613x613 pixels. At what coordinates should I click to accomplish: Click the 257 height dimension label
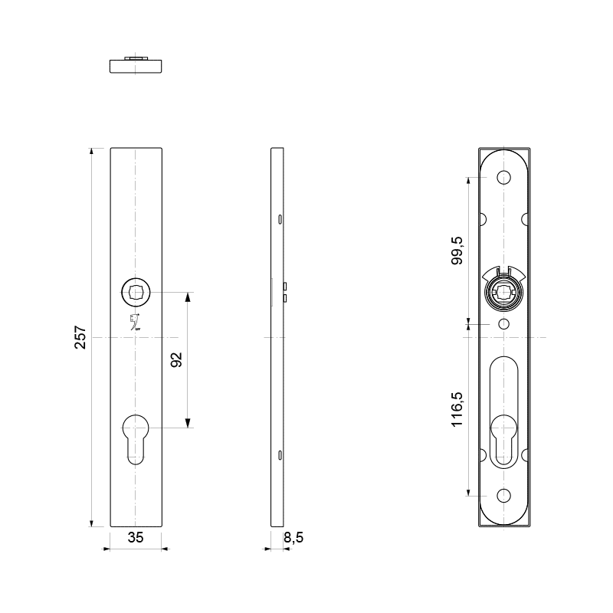(x=80, y=337)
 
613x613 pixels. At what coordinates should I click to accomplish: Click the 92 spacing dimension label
(x=177, y=359)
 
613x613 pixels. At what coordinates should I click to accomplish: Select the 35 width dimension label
(x=136, y=538)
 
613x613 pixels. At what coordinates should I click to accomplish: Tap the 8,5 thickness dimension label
(x=293, y=538)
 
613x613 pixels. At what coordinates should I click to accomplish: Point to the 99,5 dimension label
(x=457, y=251)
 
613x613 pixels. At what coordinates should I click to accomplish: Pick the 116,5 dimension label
(x=457, y=409)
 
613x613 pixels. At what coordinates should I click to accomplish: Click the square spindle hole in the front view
(x=136, y=293)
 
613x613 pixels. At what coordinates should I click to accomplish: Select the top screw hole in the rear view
(x=503, y=178)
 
